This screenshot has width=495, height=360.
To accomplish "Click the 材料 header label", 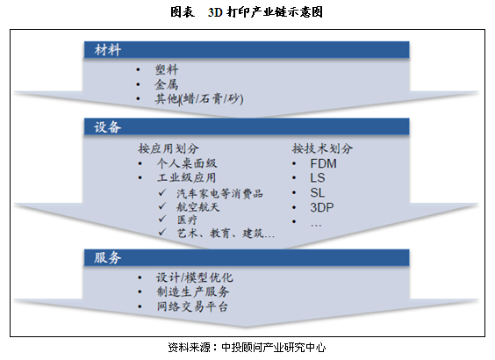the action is pos(108,50).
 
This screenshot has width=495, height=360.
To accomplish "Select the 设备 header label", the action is pos(108,127).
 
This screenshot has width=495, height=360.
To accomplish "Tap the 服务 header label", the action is pos(108,257).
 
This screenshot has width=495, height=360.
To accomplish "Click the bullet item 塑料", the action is pos(167,69).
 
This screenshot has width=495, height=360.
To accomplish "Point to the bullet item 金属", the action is pos(167,84).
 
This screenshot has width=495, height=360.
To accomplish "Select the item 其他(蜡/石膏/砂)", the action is pos(199,99).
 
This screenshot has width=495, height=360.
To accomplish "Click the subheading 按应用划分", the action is pos(169,148).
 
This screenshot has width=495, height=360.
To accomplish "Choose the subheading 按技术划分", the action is pos(322,148).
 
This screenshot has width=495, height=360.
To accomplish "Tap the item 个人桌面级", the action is pos(187,163).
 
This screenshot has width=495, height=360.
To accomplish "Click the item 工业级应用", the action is pos(187,177).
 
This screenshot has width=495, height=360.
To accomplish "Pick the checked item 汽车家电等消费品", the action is pos(219,193).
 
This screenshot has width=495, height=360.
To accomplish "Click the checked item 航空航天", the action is pos(198,207).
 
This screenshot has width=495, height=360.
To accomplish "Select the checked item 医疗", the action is pos(187,220).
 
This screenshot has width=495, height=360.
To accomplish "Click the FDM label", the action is pos(323,163).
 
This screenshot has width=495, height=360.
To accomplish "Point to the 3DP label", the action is pos(322,207).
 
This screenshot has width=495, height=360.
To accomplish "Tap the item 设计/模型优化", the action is pos(195,277).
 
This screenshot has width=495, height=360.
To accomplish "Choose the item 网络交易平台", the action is pos(192,306).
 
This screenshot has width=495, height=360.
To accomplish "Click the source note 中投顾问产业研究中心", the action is pos(273,348).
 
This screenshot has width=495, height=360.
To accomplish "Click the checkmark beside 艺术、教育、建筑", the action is pos(162,233).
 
